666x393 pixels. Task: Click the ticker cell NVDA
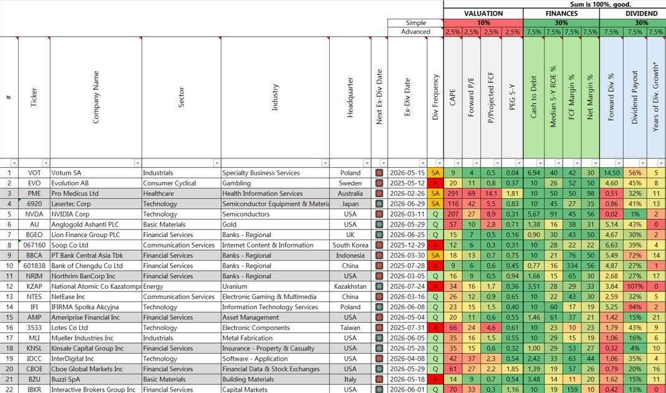coord(34,214)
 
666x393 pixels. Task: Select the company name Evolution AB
coord(70,183)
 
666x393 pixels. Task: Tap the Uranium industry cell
coord(234,286)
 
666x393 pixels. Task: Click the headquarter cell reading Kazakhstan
coord(350,286)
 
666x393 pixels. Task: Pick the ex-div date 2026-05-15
coord(407,173)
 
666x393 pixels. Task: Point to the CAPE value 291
coord(453,193)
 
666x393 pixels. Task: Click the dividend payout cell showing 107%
coord(635,286)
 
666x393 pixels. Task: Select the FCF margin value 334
coord(572,266)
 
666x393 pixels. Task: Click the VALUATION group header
coord(483,14)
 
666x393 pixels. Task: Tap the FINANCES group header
coord(561,14)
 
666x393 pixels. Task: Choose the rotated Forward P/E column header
coord(471,97)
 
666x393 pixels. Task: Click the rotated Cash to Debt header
coord(533,97)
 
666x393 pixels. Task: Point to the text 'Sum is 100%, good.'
coord(600,4)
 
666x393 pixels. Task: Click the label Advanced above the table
coord(415,32)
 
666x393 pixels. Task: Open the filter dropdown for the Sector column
coord(216,163)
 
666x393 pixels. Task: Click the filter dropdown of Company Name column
coord(137,163)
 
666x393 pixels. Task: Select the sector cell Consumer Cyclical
coord(170,183)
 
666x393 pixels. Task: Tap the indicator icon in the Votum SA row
coord(379,173)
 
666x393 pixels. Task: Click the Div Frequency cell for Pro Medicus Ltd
coord(435,193)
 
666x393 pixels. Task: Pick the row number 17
coord(9,338)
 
